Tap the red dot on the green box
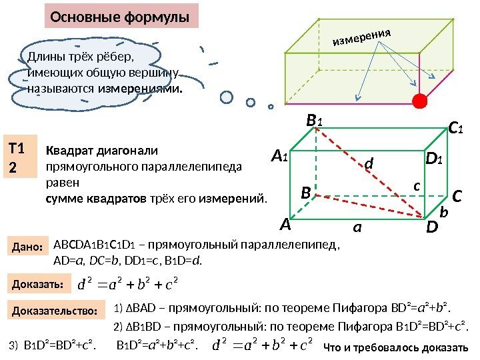[419, 101]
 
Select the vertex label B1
[313, 121]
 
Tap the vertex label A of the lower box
[286, 225]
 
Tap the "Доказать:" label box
[37, 285]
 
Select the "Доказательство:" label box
[55, 311]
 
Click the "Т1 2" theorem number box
[20, 157]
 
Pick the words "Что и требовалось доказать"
[396, 347]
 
